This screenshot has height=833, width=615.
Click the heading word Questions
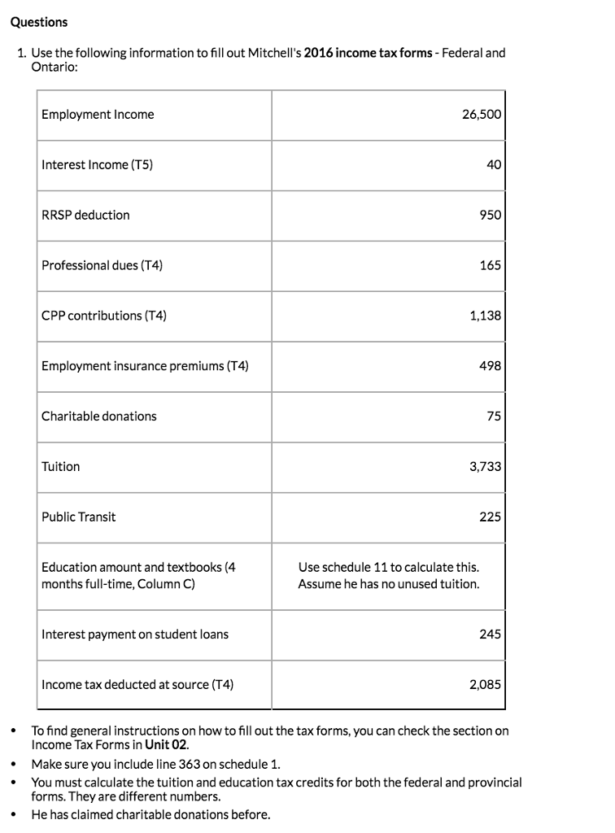pos(38,22)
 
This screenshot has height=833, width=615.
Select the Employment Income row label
pos(98,115)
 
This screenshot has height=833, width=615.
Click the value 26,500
pos(481,115)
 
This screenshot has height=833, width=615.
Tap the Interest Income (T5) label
pos(97,165)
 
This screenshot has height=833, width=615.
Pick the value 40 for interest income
pos(493,165)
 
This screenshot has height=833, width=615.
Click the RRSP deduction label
pos(85,216)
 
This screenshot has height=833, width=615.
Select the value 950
pos(490,216)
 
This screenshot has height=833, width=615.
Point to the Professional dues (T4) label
pos(102,265)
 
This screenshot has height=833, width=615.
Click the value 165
pos(490,265)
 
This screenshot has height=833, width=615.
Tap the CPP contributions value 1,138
pos(485,316)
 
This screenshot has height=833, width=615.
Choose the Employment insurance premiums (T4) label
pos(145,366)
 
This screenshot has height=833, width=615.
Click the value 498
pos(490,366)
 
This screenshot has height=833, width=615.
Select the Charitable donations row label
pos(99,416)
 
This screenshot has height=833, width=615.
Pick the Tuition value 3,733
pos(485,467)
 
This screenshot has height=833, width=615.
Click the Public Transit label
pos(79,517)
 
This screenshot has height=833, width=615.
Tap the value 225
pos(490,517)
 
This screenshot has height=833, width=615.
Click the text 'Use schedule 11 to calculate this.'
pos(388,567)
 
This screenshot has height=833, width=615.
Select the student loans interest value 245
pos(490,635)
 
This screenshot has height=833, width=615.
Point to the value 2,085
pos(485,685)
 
